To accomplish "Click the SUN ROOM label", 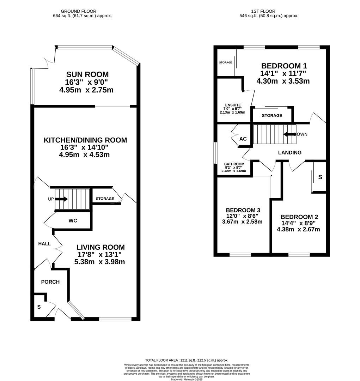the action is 87,74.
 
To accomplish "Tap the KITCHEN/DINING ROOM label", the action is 85,140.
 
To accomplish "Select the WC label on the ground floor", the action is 73,220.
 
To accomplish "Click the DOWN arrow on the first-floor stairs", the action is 289,134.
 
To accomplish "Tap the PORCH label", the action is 50,282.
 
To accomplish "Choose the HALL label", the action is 44,244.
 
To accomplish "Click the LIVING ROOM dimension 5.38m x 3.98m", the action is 99,262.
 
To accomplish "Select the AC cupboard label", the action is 243,139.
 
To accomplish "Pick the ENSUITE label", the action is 233,105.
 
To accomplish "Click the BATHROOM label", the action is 234,164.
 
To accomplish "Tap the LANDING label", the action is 290,153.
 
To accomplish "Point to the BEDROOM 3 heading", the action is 243,210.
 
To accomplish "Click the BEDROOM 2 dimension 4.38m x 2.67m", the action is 298,229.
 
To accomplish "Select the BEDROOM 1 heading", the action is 284,66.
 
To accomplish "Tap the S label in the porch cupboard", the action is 39,307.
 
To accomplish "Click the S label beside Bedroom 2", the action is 320,177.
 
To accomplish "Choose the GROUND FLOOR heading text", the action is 79,11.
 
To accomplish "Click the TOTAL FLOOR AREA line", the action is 187,360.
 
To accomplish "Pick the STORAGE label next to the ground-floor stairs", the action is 105,199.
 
